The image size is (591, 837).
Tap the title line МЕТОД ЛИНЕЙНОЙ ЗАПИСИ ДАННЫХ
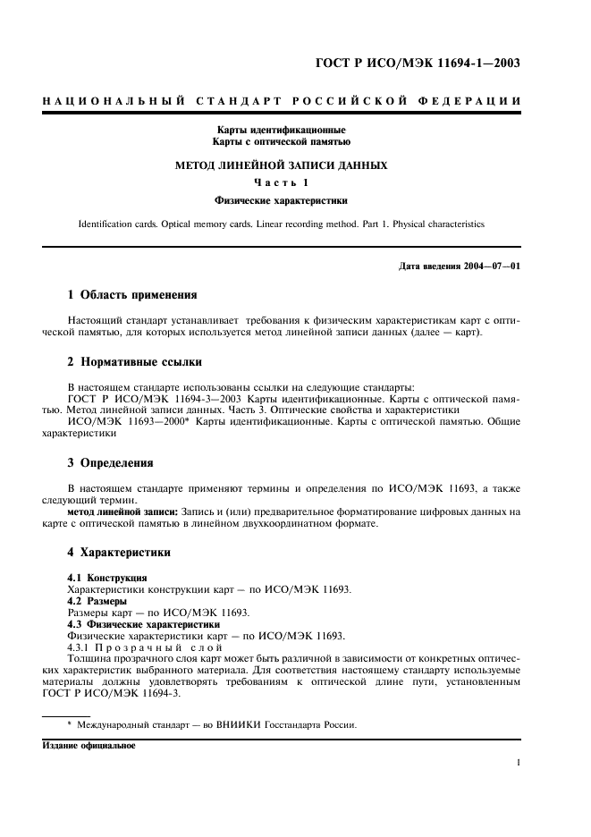coord(281,165)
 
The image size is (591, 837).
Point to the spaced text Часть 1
coord(281,183)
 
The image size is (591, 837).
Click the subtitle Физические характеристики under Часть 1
coord(281,201)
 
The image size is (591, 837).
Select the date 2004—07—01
coord(493,266)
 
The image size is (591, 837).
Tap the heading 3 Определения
coord(111,463)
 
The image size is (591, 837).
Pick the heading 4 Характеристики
coord(120,553)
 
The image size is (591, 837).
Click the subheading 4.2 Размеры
coord(97,602)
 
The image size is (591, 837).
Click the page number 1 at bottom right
coord(519,763)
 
